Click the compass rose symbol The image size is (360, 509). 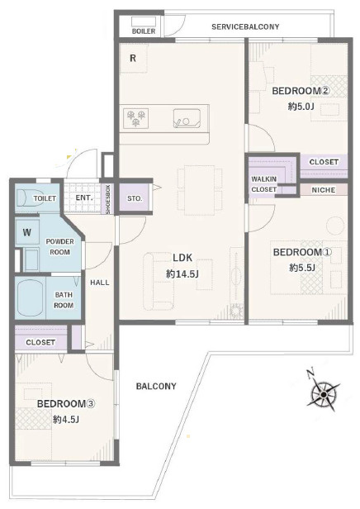coord(323,394)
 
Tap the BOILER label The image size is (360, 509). coord(144,31)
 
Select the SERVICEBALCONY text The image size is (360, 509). coord(245,26)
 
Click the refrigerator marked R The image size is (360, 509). coord(133,58)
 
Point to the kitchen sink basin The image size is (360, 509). coord(187,119)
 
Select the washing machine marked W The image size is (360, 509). coord(27,232)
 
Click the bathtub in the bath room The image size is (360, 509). coord(31,298)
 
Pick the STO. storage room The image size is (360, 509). coord(135,198)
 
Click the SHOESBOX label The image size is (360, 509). coord(107,199)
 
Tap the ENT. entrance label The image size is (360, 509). coord(84,197)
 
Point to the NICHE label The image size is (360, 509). coord(324,190)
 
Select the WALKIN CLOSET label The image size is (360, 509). coord(264,184)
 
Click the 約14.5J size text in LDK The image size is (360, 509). coord(182,274)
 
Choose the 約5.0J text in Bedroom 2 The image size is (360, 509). coord(301,106)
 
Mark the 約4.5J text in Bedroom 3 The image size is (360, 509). coord(66,420)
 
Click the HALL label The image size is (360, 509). coord(100,283)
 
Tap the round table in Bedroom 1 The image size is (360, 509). coord(335,225)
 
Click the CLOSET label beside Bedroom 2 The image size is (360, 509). coord(324,162)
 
